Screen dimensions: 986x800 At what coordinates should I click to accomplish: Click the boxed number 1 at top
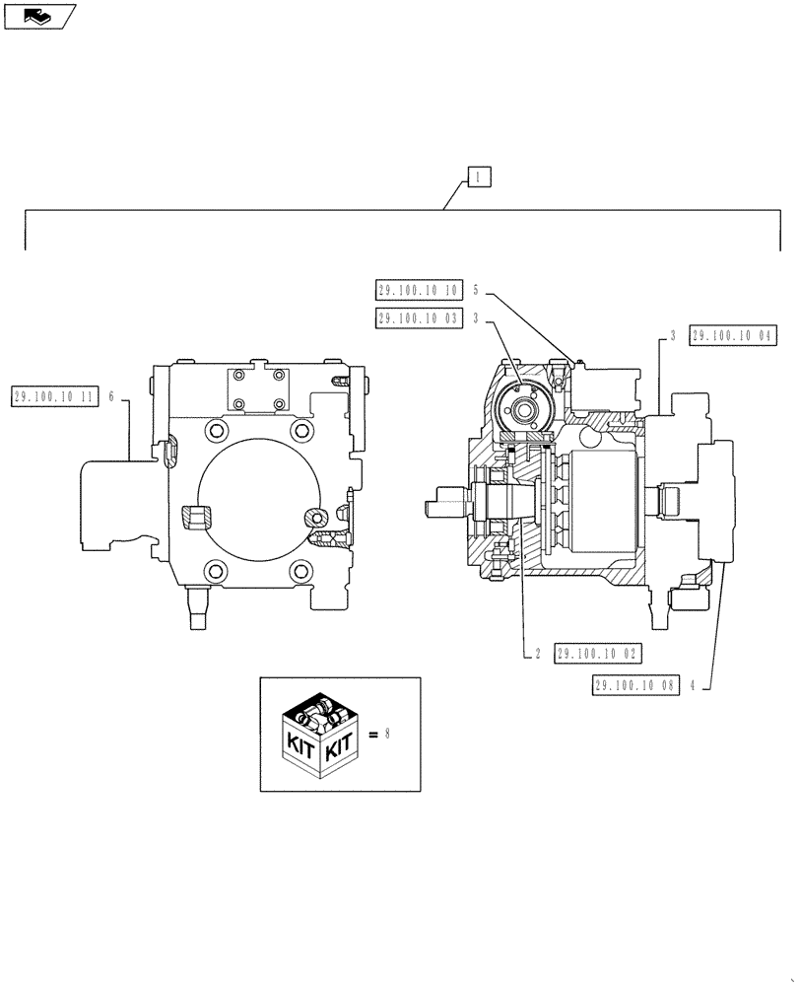[x=477, y=177]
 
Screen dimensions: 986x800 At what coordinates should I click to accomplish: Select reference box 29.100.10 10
[x=419, y=290]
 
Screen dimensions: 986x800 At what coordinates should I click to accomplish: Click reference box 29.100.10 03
[x=419, y=317]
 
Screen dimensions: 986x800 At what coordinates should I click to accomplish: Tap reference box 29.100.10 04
[x=734, y=336]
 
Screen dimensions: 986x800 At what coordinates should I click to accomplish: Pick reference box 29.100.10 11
[x=55, y=395]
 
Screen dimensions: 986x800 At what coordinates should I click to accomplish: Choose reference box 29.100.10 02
[x=599, y=653]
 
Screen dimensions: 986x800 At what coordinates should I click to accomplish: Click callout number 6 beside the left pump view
[x=112, y=395]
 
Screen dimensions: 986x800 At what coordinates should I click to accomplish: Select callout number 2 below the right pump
[x=538, y=653]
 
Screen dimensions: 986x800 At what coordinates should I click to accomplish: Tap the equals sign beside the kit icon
[x=372, y=735]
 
